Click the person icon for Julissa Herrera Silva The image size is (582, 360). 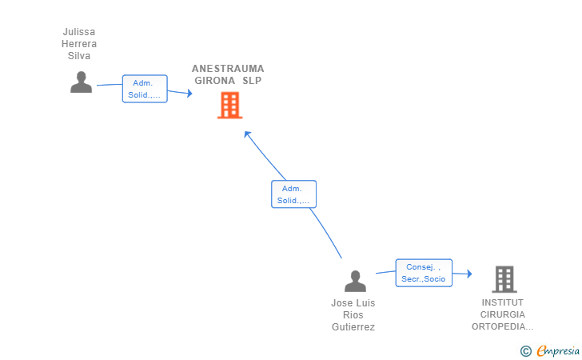tap(81, 82)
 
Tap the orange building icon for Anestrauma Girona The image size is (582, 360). tap(229, 106)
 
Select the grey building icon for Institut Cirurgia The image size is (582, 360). tap(504, 278)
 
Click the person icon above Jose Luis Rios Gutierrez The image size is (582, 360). tap(355, 281)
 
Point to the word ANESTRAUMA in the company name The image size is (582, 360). tap(228, 69)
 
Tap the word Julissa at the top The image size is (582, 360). tap(79, 32)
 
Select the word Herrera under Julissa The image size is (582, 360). tap(79, 44)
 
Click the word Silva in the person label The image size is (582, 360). tap(79, 56)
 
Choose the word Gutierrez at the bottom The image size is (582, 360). tap(353, 327)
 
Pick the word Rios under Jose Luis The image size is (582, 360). tap(353, 315)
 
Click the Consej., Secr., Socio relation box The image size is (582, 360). tap(424, 273)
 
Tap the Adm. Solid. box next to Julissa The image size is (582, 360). tap(144, 89)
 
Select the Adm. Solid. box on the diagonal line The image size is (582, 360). tap(293, 194)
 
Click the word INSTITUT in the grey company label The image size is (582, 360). tap(503, 302)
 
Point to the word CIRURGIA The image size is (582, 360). tap(503, 314)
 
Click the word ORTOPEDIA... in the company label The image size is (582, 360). tap(503, 326)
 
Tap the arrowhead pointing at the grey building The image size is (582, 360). tap(468, 275)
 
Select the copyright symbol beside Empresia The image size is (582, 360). tap(525, 350)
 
